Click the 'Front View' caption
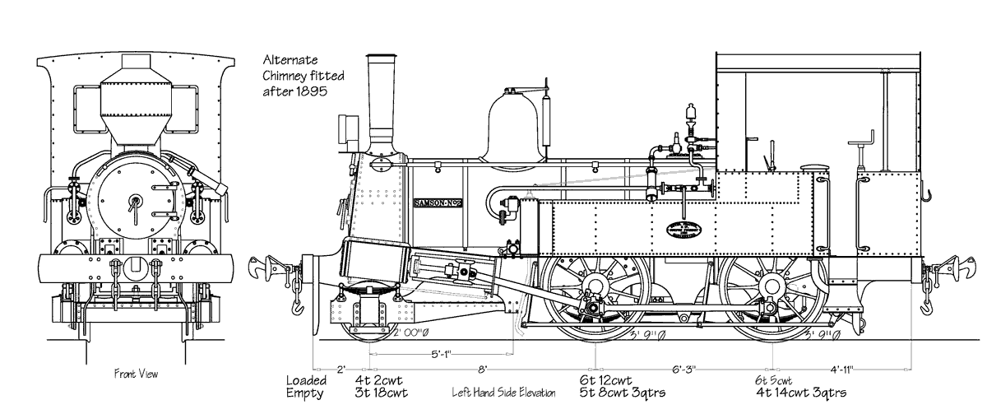(x=136, y=374)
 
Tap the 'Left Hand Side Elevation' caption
(x=503, y=393)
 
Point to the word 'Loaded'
(x=306, y=380)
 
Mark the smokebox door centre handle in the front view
(x=134, y=201)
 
